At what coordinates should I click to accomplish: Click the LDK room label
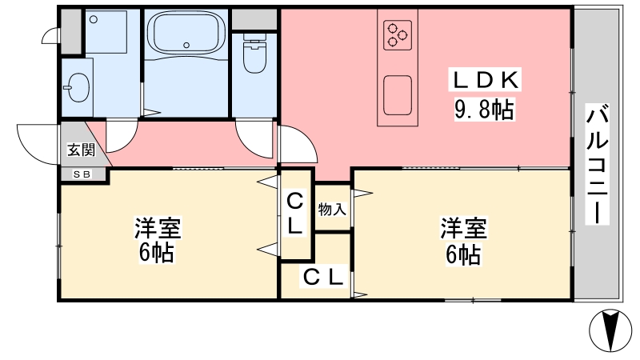point(486,79)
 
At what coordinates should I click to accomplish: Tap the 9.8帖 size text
point(484,110)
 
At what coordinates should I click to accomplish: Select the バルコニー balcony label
point(598,164)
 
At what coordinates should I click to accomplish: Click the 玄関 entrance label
point(82,150)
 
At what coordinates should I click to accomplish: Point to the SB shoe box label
point(82,174)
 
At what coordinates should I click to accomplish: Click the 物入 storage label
point(332,209)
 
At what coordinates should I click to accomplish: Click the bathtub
point(186,34)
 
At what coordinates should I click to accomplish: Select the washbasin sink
point(78,87)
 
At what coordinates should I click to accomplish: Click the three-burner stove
point(398,34)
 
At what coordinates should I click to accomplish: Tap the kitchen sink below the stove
point(398,95)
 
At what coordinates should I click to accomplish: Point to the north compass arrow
point(610,330)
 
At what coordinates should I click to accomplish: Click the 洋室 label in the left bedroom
point(158,228)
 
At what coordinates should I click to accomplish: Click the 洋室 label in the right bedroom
point(463,228)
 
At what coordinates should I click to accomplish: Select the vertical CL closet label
point(294,214)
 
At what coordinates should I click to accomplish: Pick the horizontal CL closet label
point(323,276)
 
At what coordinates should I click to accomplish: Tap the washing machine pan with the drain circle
point(106,31)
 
